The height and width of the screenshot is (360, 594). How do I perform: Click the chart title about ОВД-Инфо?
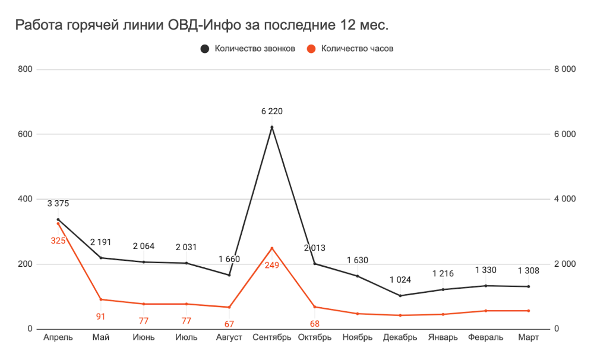click(x=201, y=26)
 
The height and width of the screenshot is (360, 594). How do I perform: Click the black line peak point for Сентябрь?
click(x=272, y=127)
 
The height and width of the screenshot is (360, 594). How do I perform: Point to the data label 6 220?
click(x=272, y=111)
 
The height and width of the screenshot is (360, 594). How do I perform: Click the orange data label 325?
click(x=58, y=241)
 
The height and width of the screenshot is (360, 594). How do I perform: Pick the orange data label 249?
click(x=272, y=265)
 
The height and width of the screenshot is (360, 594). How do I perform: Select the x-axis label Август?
click(x=229, y=338)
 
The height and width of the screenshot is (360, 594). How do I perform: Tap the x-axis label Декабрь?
click(x=400, y=338)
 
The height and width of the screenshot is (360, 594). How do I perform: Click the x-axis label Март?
click(x=529, y=338)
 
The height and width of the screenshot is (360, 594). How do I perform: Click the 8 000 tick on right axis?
click(x=565, y=70)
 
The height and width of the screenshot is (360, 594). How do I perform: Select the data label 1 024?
click(x=400, y=280)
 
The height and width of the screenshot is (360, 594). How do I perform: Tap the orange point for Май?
click(x=101, y=299)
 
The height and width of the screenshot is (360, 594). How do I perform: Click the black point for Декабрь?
click(x=400, y=295)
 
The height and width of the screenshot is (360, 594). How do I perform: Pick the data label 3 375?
click(x=58, y=204)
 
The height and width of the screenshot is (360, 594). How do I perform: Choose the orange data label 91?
click(x=101, y=317)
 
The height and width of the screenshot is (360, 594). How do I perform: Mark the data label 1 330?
click(x=486, y=270)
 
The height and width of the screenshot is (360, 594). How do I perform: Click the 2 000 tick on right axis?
click(x=565, y=264)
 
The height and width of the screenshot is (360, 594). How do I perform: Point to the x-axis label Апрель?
click(x=58, y=338)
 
